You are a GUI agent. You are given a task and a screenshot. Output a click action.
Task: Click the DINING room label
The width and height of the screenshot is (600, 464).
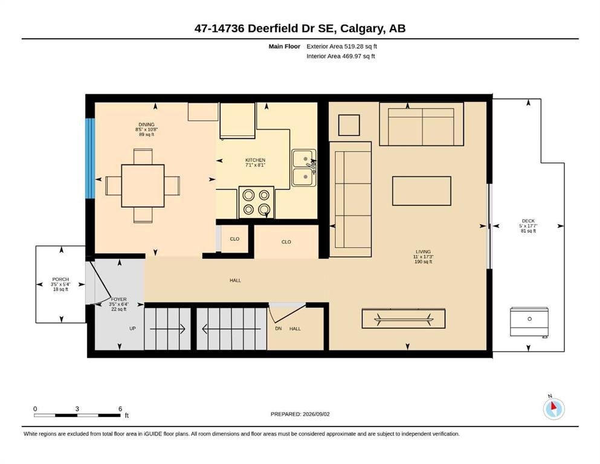click(x=147, y=124)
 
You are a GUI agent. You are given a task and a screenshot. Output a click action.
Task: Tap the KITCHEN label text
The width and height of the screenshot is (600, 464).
click(x=255, y=160)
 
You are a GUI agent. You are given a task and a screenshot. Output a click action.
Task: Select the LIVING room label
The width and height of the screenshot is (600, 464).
click(x=423, y=252)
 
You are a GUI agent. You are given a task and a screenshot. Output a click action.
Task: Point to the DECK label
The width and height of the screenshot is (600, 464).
click(x=528, y=221)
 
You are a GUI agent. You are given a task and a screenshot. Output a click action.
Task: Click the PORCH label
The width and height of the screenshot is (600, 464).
click(x=60, y=280)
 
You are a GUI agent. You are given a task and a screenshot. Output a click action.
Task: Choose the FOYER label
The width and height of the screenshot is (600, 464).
click(x=118, y=300)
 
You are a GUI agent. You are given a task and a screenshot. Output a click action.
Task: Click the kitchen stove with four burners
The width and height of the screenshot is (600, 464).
click(x=256, y=202)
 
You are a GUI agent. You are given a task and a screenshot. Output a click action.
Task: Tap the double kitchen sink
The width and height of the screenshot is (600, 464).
click(x=304, y=168)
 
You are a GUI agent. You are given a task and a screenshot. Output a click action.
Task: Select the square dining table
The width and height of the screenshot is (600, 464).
click(x=143, y=186)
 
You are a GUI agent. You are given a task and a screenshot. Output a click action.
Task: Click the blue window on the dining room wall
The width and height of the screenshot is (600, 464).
click(x=90, y=158)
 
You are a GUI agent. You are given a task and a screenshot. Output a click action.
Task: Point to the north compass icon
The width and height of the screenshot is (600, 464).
click(x=553, y=408)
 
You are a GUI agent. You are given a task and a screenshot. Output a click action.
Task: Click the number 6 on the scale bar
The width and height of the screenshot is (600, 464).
click(x=120, y=409)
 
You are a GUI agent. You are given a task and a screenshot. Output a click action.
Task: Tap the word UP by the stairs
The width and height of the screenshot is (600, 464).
click(x=132, y=329)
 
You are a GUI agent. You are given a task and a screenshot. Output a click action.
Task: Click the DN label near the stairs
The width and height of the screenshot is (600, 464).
click(x=278, y=329)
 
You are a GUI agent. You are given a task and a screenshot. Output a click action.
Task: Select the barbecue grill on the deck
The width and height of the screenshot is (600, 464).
click(x=529, y=322)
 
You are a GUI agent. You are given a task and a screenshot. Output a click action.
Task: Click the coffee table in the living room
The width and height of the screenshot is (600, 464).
click(x=422, y=191)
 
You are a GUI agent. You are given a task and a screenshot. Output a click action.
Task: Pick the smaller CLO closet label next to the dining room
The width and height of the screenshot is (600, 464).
click(x=234, y=239)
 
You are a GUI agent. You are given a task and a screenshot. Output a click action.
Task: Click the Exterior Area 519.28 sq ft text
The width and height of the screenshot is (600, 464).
click(x=342, y=47)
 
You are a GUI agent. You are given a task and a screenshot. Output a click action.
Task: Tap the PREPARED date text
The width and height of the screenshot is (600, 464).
click(x=300, y=414)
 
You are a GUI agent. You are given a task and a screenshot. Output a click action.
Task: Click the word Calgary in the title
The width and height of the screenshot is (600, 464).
click(x=362, y=28)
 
